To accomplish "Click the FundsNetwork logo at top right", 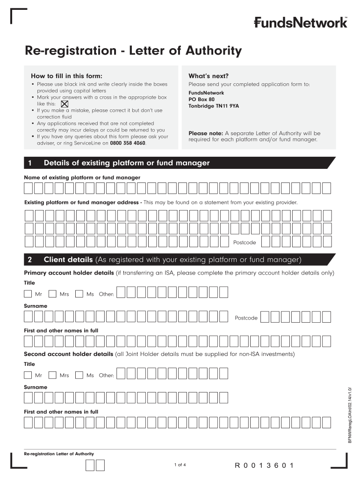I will pyautogui.click(x=301, y=22).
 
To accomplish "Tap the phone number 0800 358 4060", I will pyautogui.click(x=128, y=143).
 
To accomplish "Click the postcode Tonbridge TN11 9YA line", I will pyautogui.click(x=214, y=106).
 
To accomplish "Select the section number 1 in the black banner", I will pyautogui.click(x=30, y=163).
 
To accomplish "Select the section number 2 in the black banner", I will pyautogui.click(x=30, y=260).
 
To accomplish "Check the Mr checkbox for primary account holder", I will pyautogui.click(x=28, y=294).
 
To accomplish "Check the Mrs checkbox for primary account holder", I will pyautogui.click(x=52, y=294).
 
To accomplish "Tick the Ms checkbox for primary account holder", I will pyautogui.click(x=79, y=294).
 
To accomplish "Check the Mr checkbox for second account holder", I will pyautogui.click(x=28, y=375).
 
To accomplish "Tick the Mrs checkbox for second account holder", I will pyautogui.click(x=52, y=375).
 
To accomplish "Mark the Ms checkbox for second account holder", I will pyautogui.click(x=79, y=375).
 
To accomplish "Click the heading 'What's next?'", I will pyautogui.click(x=209, y=76).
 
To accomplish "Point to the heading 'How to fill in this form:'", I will pyautogui.click(x=66, y=76).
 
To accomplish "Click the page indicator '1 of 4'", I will pyautogui.click(x=180, y=464).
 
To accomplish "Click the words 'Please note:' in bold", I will pyautogui.click(x=206, y=133).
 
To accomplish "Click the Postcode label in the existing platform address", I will pyautogui.click(x=245, y=242).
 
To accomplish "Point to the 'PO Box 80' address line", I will pyautogui.click(x=202, y=100).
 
